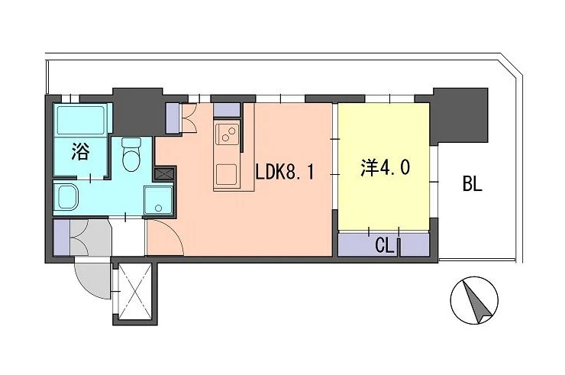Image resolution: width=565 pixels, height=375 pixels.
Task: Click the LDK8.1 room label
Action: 285,173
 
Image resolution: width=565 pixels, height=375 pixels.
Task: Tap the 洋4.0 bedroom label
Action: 385,167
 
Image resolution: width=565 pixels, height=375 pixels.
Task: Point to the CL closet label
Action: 385,246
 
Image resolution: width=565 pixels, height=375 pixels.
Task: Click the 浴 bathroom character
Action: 80,151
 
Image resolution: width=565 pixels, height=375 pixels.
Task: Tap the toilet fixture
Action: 131,154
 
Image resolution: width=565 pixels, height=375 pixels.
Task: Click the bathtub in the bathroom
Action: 81,120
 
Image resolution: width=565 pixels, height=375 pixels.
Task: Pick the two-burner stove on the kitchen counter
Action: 226,134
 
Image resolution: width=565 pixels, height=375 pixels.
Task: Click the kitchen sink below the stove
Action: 226,175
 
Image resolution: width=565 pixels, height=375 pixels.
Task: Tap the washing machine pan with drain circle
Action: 158,200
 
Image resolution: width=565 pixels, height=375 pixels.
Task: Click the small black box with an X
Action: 164,173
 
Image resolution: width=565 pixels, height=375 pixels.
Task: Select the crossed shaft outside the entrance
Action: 135,291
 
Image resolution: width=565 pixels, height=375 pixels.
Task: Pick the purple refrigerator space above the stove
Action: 227,110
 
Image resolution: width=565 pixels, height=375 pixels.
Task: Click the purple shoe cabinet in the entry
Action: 61,238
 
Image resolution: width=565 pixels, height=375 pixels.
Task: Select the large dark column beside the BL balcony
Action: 460,115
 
